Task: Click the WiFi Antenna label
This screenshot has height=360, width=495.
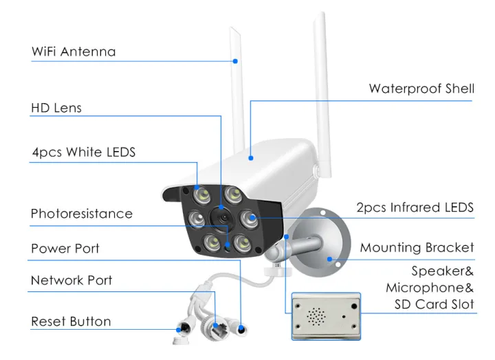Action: [74, 52]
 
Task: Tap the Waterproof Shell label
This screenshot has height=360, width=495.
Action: [421, 89]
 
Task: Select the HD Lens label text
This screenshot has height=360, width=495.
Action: [56, 108]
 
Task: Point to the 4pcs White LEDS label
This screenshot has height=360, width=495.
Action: [83, 153]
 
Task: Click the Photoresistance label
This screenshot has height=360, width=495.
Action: [81, 214]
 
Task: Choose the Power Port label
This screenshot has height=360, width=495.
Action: [65, 248]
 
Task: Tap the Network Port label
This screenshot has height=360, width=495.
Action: [71, 280]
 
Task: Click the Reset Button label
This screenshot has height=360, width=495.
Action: [71, 322]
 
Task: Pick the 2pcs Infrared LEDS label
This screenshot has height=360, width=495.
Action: [415, 207]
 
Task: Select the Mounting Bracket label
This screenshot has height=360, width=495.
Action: [417, 247]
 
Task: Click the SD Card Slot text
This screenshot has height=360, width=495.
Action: [434, 304]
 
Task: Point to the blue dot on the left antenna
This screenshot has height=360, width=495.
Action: [235, 61]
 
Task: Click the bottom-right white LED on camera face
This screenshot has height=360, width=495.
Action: [241, 241]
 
